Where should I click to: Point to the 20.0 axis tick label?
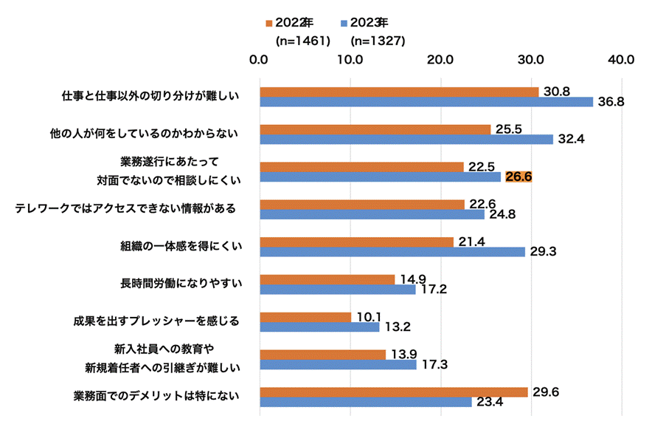click(x=441, y=59)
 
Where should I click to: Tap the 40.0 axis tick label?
click(x=622, y=59)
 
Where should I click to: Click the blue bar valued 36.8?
click(x=426, y=102)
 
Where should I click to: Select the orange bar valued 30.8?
click(x=399, y=92)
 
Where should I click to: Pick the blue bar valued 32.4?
click(x=406, y=139)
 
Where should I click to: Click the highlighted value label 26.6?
click(x=518, y=177)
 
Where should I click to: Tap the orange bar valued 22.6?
click(x=361, y=204)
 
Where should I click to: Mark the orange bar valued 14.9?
click(x=327, y=279)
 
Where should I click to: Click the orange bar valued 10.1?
click(x=305, y=317)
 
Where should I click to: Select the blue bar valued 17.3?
click(x=338, y=364)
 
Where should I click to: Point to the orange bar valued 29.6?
click(x=393, y=392)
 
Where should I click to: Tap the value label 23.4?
click(x=490, y=403)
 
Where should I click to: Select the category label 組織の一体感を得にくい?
click(x=181, y=246)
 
